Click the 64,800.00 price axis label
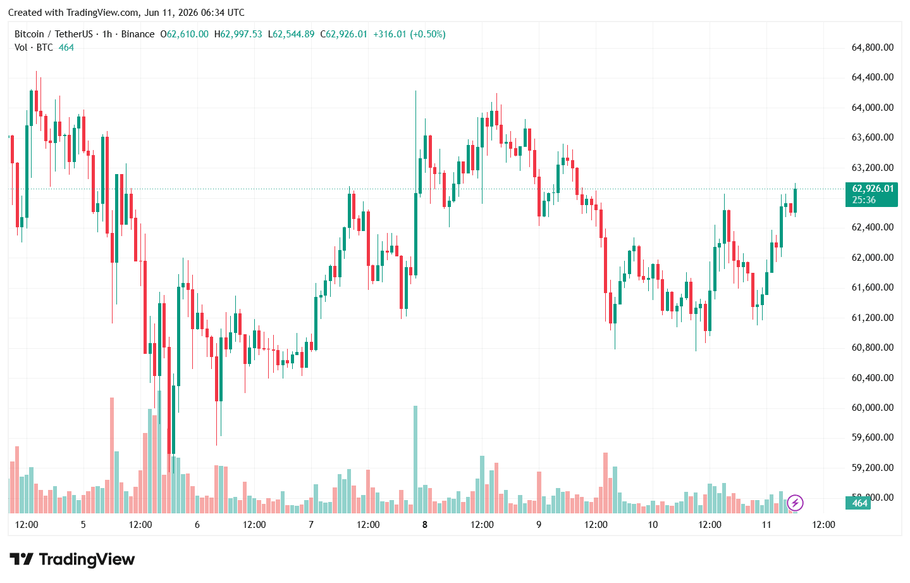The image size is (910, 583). (x=872, y=47)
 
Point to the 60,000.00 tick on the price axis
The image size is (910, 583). (x=872, y=408)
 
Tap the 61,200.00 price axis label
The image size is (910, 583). (x=872, y=318)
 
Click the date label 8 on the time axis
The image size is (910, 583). (x=424, y=525)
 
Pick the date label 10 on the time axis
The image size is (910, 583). (x=653, y=525)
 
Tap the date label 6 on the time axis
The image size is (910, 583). (x=197, y=525)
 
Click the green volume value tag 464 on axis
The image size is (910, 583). (x=858, y=503)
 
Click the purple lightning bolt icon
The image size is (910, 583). (x=795, y=503)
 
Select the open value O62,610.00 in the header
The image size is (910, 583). (x=185, y=34)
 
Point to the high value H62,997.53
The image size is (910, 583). (x=238, y=34)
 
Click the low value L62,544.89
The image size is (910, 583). (x=292, y=34)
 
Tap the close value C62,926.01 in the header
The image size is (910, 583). (x=343, y=34)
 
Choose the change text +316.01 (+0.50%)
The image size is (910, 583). (x=410, y=34)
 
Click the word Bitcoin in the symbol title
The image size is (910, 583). (x=29, y=34)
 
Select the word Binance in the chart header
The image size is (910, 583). (x=138, y=34)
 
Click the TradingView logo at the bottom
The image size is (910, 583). (x=72, y=560)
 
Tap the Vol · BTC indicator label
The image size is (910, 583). (x=34, y=47)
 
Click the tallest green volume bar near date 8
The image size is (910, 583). (x=415, y=460)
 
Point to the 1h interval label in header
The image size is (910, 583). (x=108, y=34)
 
